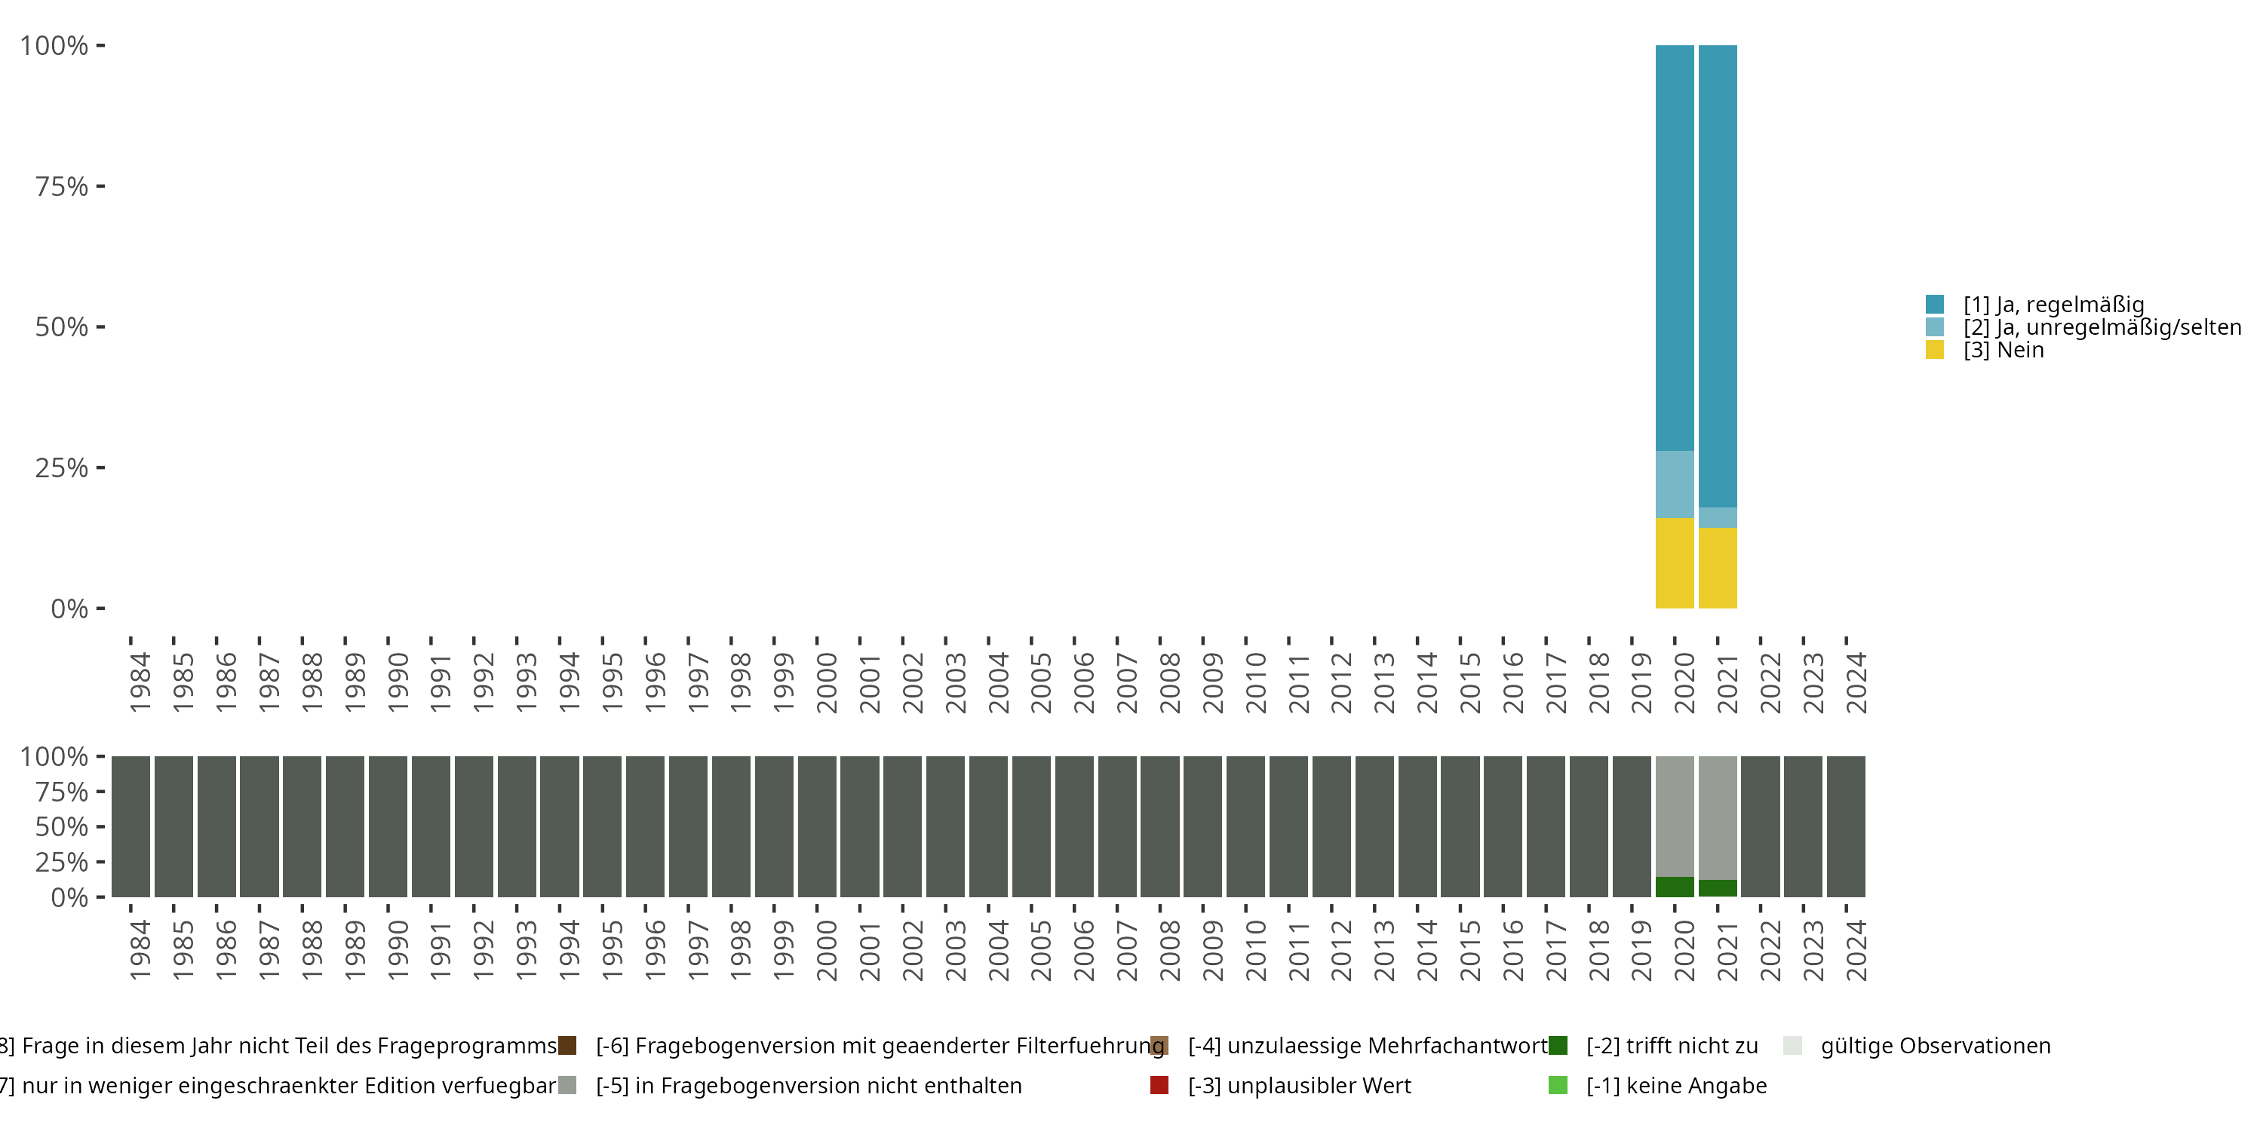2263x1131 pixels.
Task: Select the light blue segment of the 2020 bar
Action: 1675,484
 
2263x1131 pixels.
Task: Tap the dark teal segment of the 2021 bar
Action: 1718,276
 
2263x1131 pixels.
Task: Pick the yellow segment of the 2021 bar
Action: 1718,567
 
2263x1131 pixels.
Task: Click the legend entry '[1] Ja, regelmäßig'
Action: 2053,305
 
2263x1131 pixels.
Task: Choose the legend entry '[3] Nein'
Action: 2003,351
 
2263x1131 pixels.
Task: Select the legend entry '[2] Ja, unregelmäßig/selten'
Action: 2102,327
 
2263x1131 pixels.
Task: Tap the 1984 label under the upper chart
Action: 140,682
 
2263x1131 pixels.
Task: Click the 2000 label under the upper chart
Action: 827,682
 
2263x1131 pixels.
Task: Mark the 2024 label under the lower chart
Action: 1856,950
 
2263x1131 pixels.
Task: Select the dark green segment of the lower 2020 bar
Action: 1675,887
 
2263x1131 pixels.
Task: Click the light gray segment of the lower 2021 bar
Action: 1718,817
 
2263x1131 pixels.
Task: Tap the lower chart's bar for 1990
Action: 388,826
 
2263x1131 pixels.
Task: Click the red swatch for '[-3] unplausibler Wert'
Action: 1159,1085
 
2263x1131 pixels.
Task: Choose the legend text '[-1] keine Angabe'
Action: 1676,1085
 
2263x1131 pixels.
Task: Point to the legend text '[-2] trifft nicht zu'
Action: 1672,1046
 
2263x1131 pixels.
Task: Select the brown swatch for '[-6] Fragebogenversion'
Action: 567,1046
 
